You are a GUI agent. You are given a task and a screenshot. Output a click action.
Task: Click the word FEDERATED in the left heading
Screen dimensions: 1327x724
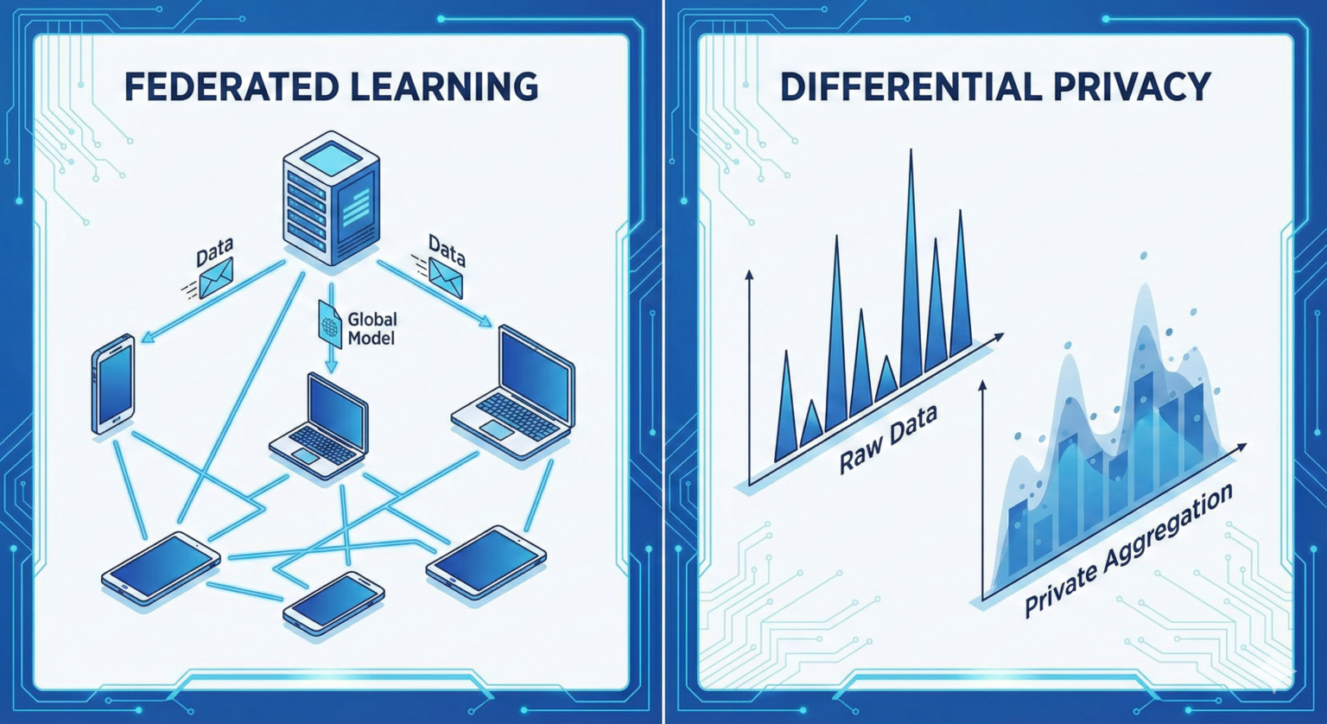coord(231,86)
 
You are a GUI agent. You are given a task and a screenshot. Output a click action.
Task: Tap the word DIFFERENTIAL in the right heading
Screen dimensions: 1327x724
coord(911,86)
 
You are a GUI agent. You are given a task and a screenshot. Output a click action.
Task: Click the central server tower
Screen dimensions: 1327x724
coord(331,199)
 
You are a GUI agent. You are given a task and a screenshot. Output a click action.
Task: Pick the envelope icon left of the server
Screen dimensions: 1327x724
coord(216,277)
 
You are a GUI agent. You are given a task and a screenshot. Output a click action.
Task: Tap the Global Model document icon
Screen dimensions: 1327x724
coord(330,323)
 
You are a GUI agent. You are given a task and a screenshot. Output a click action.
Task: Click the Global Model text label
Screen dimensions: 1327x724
coord(372,329)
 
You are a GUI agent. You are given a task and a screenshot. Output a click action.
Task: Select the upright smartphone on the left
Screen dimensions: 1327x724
coord(112,384)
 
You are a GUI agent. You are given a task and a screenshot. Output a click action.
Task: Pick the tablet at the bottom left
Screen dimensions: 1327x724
coord(161,568)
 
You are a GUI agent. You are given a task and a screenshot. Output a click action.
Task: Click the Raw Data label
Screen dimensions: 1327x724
coord(888,439)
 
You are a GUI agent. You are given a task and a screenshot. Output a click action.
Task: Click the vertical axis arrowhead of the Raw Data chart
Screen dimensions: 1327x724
coord(749,275)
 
